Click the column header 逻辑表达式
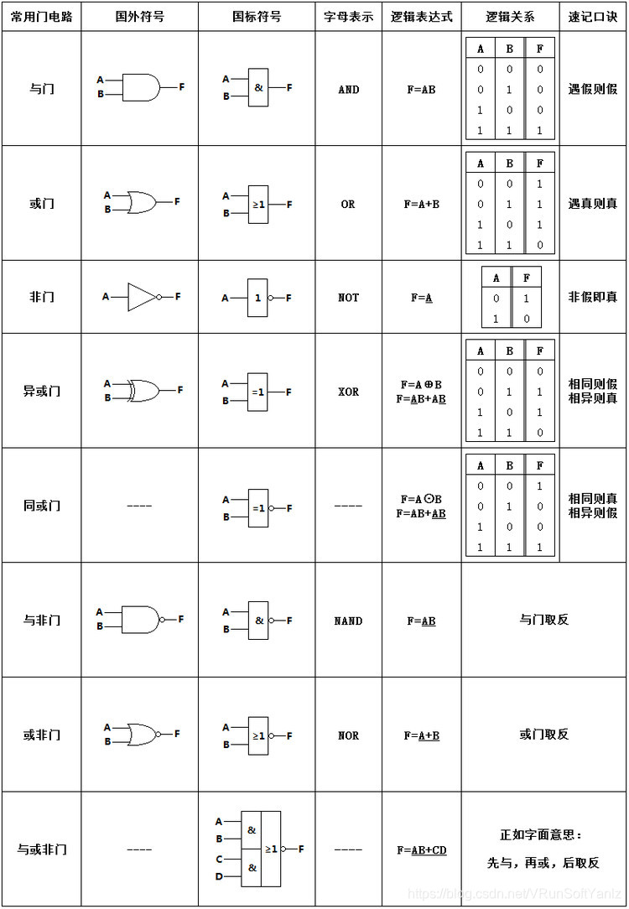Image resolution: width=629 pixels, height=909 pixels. (421, 17)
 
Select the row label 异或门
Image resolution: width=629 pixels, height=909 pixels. (41, 391)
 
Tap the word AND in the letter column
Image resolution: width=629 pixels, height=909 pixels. (348, 89)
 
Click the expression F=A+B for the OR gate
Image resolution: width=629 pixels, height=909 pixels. (421, 204)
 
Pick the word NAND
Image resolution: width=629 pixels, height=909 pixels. (348, 621)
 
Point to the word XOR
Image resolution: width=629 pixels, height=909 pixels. (348, 392)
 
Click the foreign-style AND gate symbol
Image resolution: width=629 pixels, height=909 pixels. (141, 86)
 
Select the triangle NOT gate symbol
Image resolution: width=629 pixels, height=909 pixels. (141, 296)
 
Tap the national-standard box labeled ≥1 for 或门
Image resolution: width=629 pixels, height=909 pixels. (258, 204)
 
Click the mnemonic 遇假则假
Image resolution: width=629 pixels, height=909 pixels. (592, 89)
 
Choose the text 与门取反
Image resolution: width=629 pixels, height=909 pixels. (543, 620)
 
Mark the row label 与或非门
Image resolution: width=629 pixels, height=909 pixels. (41, 849)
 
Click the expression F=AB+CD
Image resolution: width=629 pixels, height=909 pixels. (421, 849)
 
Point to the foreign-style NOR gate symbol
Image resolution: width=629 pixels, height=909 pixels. (141, 734)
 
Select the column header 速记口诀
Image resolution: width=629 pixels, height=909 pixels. (592, 17)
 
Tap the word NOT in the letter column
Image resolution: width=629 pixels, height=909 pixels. (348, 297)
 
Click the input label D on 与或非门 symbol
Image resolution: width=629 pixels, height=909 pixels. (219, 876)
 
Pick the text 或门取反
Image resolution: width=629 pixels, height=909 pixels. (543, 734)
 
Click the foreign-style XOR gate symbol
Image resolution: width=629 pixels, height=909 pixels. (143, 390)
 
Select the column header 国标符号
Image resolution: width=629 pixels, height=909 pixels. (257, 17)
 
